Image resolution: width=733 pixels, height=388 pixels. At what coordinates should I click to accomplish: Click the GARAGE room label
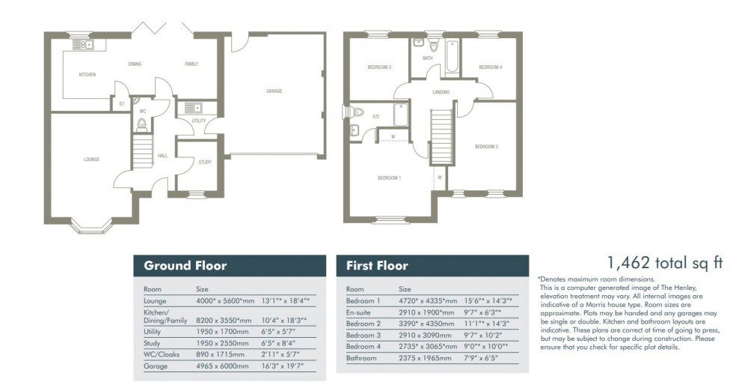275,91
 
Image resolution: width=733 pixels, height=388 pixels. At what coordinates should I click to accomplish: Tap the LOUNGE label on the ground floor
91,159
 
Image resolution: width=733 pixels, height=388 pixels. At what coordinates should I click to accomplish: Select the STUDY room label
205,162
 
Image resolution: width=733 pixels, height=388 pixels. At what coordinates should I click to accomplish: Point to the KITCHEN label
88,75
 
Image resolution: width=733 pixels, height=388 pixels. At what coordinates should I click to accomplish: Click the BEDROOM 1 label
389,178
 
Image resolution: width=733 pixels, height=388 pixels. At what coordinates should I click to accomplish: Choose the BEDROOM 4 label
490,67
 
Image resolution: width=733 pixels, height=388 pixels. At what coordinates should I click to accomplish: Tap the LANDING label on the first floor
441,92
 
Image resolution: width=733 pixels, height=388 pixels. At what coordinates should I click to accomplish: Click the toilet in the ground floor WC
141,124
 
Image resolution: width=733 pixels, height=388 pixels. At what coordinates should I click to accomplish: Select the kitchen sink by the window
81,46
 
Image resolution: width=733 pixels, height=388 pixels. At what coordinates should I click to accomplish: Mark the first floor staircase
442,135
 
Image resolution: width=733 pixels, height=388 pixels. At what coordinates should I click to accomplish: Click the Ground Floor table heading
185,265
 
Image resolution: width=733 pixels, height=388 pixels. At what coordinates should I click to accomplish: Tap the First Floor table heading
377,265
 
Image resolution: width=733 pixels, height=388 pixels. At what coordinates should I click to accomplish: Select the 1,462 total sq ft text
665,262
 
